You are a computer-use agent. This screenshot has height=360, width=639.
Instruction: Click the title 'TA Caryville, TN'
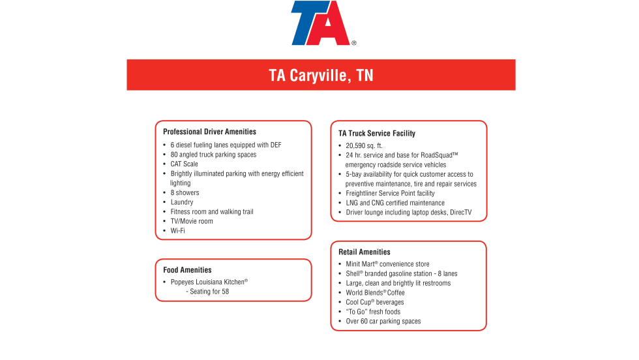tap(321, 75)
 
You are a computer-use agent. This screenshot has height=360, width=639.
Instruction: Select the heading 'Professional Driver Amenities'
tap(209, 132)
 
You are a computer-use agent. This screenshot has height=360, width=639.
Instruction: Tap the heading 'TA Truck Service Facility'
tap(376, 133)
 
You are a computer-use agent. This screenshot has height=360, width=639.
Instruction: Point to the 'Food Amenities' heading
tap(187, 270)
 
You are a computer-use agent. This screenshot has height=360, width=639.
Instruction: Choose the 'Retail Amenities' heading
tap(364, 252)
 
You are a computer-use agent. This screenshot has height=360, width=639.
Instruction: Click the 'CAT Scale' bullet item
tap(185, 164)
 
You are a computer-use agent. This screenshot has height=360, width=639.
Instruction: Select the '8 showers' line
tap(185, 193)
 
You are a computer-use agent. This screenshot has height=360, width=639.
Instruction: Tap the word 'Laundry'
tap(182, 202)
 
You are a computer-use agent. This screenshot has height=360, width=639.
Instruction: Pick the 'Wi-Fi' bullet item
tap(178, 231)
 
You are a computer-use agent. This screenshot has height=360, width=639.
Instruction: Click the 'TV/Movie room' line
tap(192, 221)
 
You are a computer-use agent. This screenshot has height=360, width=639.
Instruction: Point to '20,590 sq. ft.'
tap(364, 145)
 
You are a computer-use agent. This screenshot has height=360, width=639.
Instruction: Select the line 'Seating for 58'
tap(209, 292)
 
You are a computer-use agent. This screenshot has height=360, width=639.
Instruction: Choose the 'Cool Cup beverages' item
tap(375, 302)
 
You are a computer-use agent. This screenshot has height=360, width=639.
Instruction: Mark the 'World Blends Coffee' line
tap(375, 293)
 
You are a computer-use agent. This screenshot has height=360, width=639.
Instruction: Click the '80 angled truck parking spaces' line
tap(213, 155)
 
